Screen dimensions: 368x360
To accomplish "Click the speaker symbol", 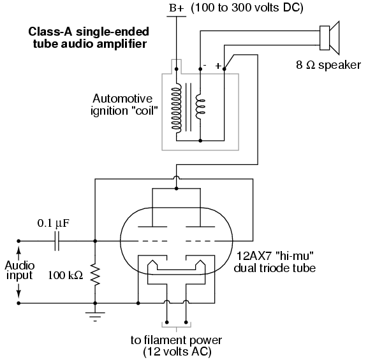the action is (330, 38).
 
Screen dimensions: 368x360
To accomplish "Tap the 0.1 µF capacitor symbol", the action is (57, 241).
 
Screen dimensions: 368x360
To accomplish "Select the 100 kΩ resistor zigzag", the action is (95, 275).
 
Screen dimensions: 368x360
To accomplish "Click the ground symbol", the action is (95, 317).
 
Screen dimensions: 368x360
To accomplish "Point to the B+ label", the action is (177, 8).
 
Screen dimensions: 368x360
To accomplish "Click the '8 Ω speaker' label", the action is (328, 65).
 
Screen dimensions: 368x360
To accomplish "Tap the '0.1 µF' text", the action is (54, 224).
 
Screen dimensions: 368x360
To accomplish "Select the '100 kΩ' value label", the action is (66, 275).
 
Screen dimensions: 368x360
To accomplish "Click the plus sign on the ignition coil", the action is (218, 66).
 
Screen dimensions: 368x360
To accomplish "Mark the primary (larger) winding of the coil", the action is (177, 108).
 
